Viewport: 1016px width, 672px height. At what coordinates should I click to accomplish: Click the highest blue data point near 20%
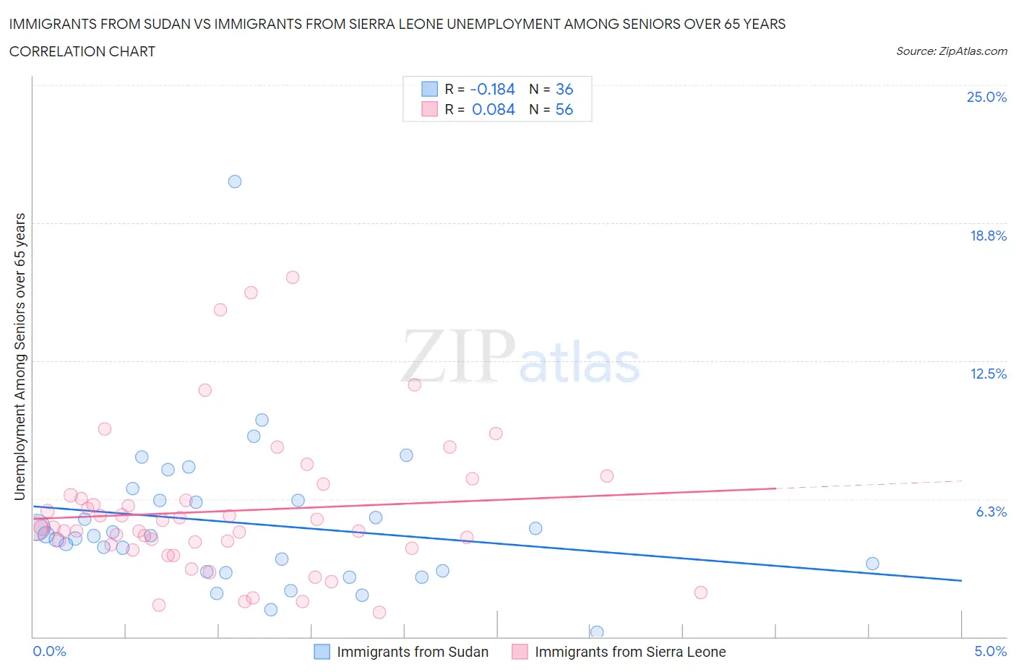235,181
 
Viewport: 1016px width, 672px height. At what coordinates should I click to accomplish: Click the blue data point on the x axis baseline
597,632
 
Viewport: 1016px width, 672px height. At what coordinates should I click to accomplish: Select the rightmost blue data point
872,564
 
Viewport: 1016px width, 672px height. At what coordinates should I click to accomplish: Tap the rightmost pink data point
700,593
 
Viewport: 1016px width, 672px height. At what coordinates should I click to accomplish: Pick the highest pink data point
293,277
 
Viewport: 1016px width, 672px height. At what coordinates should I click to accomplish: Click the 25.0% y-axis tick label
986,97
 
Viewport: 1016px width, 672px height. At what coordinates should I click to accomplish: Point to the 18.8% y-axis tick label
988,236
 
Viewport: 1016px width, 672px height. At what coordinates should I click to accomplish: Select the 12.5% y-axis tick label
988,374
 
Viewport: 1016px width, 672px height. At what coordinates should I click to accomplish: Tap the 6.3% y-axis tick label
991,512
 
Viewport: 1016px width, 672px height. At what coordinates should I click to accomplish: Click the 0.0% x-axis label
49,651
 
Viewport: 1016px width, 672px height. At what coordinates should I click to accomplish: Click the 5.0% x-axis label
990,651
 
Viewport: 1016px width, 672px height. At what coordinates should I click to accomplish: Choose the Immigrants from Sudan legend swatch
322,652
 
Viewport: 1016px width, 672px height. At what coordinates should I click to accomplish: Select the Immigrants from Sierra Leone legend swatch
520,652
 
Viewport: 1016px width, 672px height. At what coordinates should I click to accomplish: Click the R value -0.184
492,89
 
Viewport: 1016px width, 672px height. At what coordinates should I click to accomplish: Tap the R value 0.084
493,109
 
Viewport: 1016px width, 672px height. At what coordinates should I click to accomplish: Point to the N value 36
564,89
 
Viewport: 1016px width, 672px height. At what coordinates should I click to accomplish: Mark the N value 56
564,109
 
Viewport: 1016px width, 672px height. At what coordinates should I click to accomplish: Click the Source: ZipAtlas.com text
951,51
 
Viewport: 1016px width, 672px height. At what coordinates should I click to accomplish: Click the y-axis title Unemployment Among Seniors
20,356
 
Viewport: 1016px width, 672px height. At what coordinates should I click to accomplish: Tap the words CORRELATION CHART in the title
82,51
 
